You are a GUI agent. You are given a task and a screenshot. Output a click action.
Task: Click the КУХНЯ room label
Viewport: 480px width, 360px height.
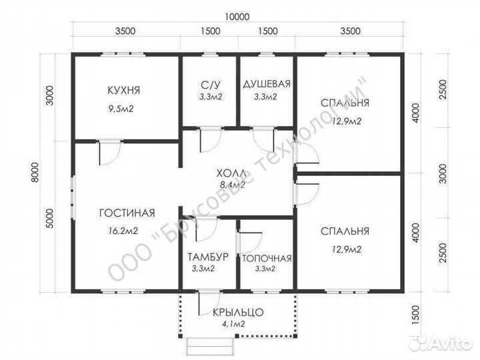coord(124,90)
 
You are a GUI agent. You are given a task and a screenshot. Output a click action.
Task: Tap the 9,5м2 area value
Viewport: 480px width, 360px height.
coord(121,109)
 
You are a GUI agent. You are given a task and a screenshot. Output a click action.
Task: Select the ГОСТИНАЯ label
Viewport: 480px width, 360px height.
coord(127,213)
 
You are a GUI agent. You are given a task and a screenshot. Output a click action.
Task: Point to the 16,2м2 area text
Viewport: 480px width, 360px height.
coord(123,231)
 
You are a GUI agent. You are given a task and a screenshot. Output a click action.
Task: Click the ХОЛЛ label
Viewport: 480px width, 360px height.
coord(231,173)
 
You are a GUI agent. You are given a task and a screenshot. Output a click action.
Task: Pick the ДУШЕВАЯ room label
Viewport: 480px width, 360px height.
coord(267,84)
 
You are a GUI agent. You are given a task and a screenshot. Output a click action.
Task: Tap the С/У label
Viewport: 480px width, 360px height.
coord(211,84)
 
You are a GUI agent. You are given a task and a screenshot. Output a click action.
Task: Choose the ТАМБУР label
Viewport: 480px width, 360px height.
coord(208,257)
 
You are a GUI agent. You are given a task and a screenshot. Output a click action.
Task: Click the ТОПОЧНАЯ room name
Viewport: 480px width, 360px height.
coord(267,259)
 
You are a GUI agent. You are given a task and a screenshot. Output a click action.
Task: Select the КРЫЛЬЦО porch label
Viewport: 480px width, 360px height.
coord(238,312)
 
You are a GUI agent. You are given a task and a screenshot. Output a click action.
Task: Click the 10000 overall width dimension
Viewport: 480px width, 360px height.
coord(237,17)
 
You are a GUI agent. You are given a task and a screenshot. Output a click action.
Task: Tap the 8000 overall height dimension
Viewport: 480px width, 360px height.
coord(35,173)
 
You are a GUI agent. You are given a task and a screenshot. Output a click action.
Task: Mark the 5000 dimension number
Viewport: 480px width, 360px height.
coord(49,219)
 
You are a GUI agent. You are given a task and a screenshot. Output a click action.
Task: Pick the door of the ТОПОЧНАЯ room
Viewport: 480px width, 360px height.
coord(249,244)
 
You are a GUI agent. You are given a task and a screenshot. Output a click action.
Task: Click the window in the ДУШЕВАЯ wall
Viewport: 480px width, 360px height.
coord(267,55)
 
